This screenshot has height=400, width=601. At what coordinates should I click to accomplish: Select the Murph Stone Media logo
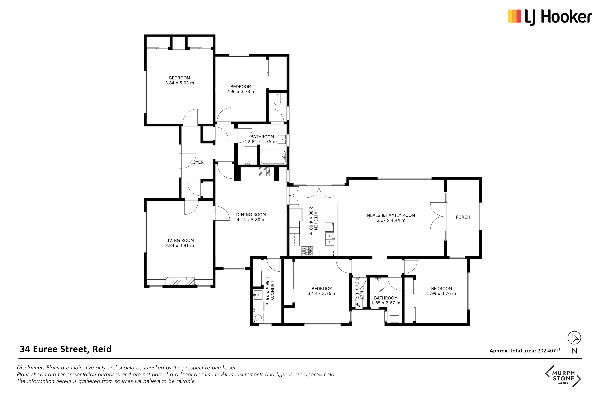click(x=563, y=376)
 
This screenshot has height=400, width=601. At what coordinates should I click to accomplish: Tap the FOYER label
click(x=197, y=162)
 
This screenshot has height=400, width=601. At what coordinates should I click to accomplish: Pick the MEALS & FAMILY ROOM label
click(x=391, y=215)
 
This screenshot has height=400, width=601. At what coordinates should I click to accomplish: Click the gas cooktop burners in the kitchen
click(x=307, y=251)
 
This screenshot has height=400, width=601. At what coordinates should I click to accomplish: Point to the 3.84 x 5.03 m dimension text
click(x=180, y=83)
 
